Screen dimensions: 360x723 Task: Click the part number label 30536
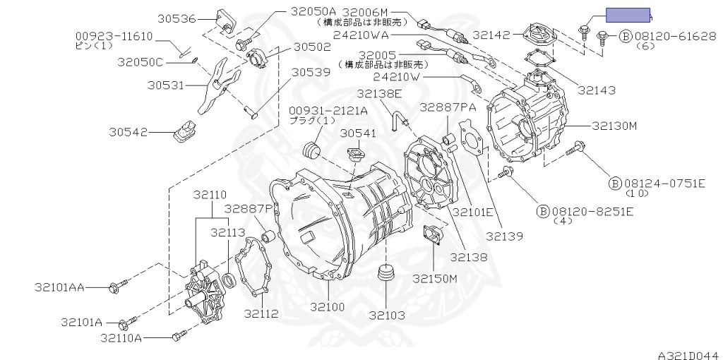[x=177, y=19]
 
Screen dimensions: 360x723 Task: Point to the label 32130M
[x=614, y=126]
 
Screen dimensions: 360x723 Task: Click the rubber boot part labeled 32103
[x=385, y=273]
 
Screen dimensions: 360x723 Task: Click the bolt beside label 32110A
[x=177, y=336]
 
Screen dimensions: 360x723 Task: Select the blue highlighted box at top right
[x=628, y=16]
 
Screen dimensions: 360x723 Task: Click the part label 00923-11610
[x=114, y=35]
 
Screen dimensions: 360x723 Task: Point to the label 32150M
[x=435, y=278]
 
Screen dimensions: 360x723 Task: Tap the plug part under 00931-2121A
[x=311, y=149]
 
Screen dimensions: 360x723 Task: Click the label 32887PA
[x=448, y=107]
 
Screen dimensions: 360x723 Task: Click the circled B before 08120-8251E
[x=543, y=210]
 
